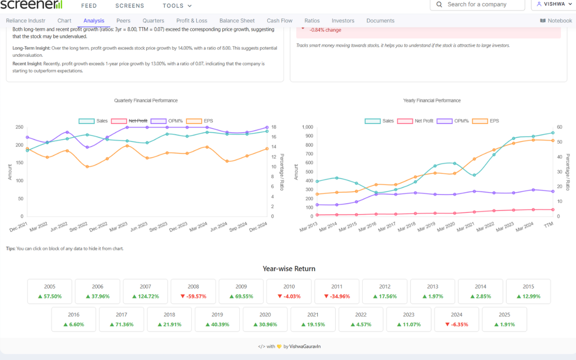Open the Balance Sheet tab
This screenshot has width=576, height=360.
pyautogui.click(x=237, y=21)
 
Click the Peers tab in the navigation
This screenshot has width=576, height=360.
pyautogui.click(x=123, y=21)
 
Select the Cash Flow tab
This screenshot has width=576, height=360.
pyautogui.click(x=279, y=21)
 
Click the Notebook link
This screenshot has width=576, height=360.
pyautogui.click(x=556, y=21)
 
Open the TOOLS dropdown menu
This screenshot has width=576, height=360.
pyautogui.click(x=177, y=6)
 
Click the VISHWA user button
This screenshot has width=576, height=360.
pyautogui.click(x=551, y=4)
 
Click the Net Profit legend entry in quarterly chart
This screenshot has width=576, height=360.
pyautogui.click(x=130, y=121)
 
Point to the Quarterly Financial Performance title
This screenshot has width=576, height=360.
pyautogui.click(x=146, y=100)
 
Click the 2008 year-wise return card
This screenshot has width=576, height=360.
pyautogui.click(x=193, y=291)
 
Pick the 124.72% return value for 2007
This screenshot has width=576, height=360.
pyautogui.click(x=145, y=297)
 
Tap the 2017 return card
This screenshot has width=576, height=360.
pyautogui.click(x=121, y=319)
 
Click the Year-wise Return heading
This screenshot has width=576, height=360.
pyautogui.click(x=289, y=269)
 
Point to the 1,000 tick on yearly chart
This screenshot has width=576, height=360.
pyautogui.click(x=306, y=127)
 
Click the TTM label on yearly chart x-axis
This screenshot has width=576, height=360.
pyautogui.click(x=548, y=225)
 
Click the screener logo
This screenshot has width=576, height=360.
pyautogui.click(x=31, y=5)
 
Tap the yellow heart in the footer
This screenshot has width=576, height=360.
pyautogui.click(x=279, y=346)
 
